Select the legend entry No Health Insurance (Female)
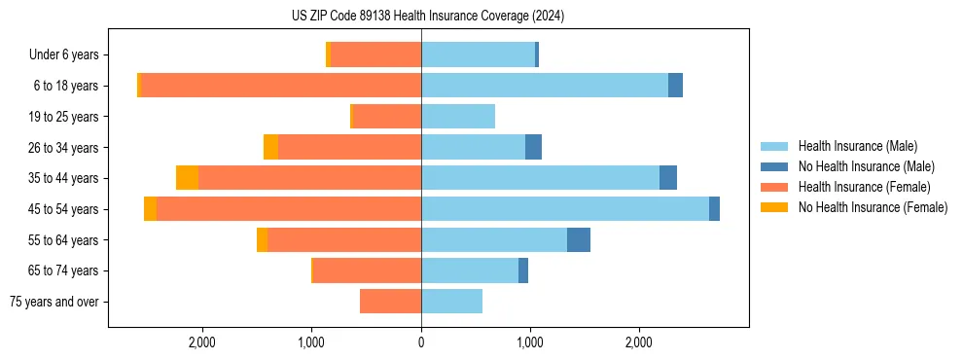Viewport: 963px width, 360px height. pyautogui.click(x=873, y=207)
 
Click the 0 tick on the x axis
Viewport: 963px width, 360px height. pyautogui.click(x=421, y=342)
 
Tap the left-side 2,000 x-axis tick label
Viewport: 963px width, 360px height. pyautogui.click(x=202, y=342)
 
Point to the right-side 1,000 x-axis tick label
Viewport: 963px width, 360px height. pyautogui.click(x=530, y=342)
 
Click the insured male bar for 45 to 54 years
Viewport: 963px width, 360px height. pyautogui.click(x=564, y=209)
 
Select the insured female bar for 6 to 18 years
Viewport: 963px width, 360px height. pyautogui.click(x=281, y=86)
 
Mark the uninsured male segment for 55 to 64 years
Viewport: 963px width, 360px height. pyautogui.click(x=579, y=240)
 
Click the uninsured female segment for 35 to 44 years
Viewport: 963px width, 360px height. pyautogui.click(x=187, y=178)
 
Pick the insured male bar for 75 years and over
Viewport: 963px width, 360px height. pyautogui.click(x=451, y=302)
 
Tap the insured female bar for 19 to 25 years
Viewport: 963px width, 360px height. pyautogui.click(x=387, y=117)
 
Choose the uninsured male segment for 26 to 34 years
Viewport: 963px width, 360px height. pyautogui.click(x=533, y=147)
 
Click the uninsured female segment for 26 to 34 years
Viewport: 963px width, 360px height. pyautogui.click(x=270, y=147)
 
